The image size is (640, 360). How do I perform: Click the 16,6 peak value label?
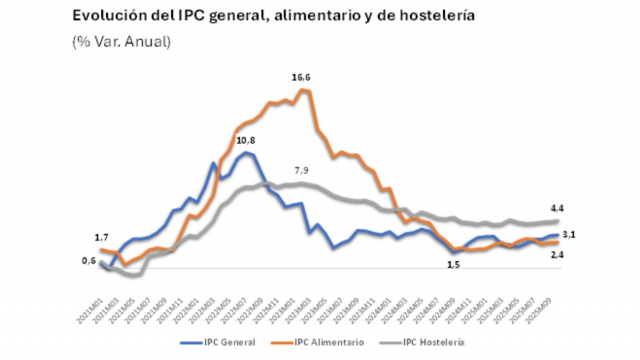(x=301, y=78)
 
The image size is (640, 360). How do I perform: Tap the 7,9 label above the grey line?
(x=301, y=171)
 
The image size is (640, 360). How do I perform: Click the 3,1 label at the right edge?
(x=576, y=234)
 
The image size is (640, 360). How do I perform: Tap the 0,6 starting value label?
(x=89, y=260)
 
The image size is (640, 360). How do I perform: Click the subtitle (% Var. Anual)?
(x=122, y=42)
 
